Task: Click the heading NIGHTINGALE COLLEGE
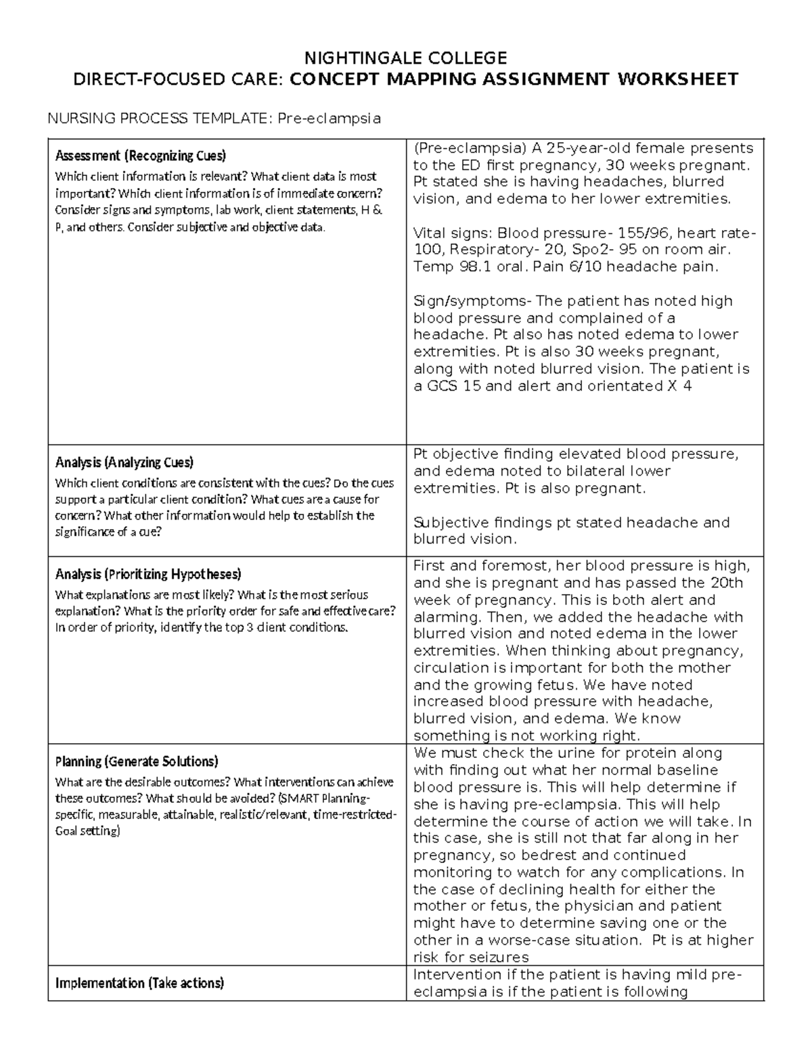pos(405,57)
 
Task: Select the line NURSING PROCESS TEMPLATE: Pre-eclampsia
pos(213,118)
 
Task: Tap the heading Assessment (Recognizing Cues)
pos(141,156)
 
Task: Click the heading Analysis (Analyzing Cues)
pos(125,463)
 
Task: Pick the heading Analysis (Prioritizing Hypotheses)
pos(148,575)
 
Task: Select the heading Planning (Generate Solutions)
pos(137,761)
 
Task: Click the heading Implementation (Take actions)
pos(139,983)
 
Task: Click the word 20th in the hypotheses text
pos(726,583)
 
